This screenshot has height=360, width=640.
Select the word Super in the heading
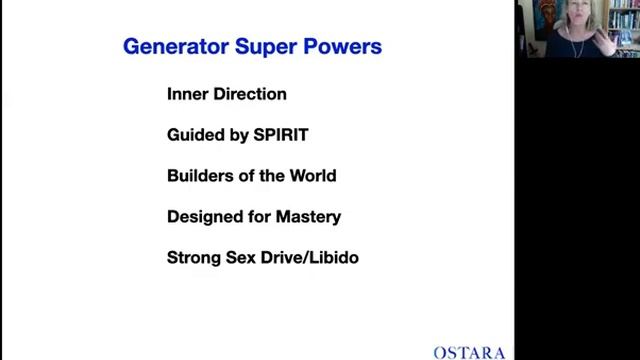click(259, 47)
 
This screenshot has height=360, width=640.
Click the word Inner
click(188, 94)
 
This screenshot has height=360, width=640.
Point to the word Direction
click(250, 94)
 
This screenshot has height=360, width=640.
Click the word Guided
click(196, 135)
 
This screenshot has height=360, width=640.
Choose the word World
click(310, 176)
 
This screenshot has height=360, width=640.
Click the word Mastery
click(307, 216)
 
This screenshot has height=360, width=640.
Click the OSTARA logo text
click(469, 352)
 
